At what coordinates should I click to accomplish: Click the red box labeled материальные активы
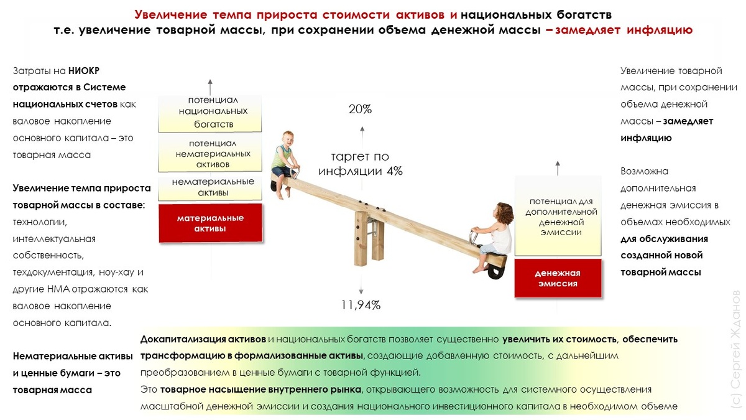(210, 223)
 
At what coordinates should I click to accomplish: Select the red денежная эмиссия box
(558, 278)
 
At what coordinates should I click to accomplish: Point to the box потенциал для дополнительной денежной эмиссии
(558, 217)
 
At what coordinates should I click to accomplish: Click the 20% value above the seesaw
(360, 110)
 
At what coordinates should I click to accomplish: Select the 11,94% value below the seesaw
(361, 305)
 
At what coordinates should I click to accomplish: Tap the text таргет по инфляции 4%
(361, 164)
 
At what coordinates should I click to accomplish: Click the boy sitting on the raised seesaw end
(285, 161)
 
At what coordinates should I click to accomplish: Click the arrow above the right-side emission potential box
(558, 166)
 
